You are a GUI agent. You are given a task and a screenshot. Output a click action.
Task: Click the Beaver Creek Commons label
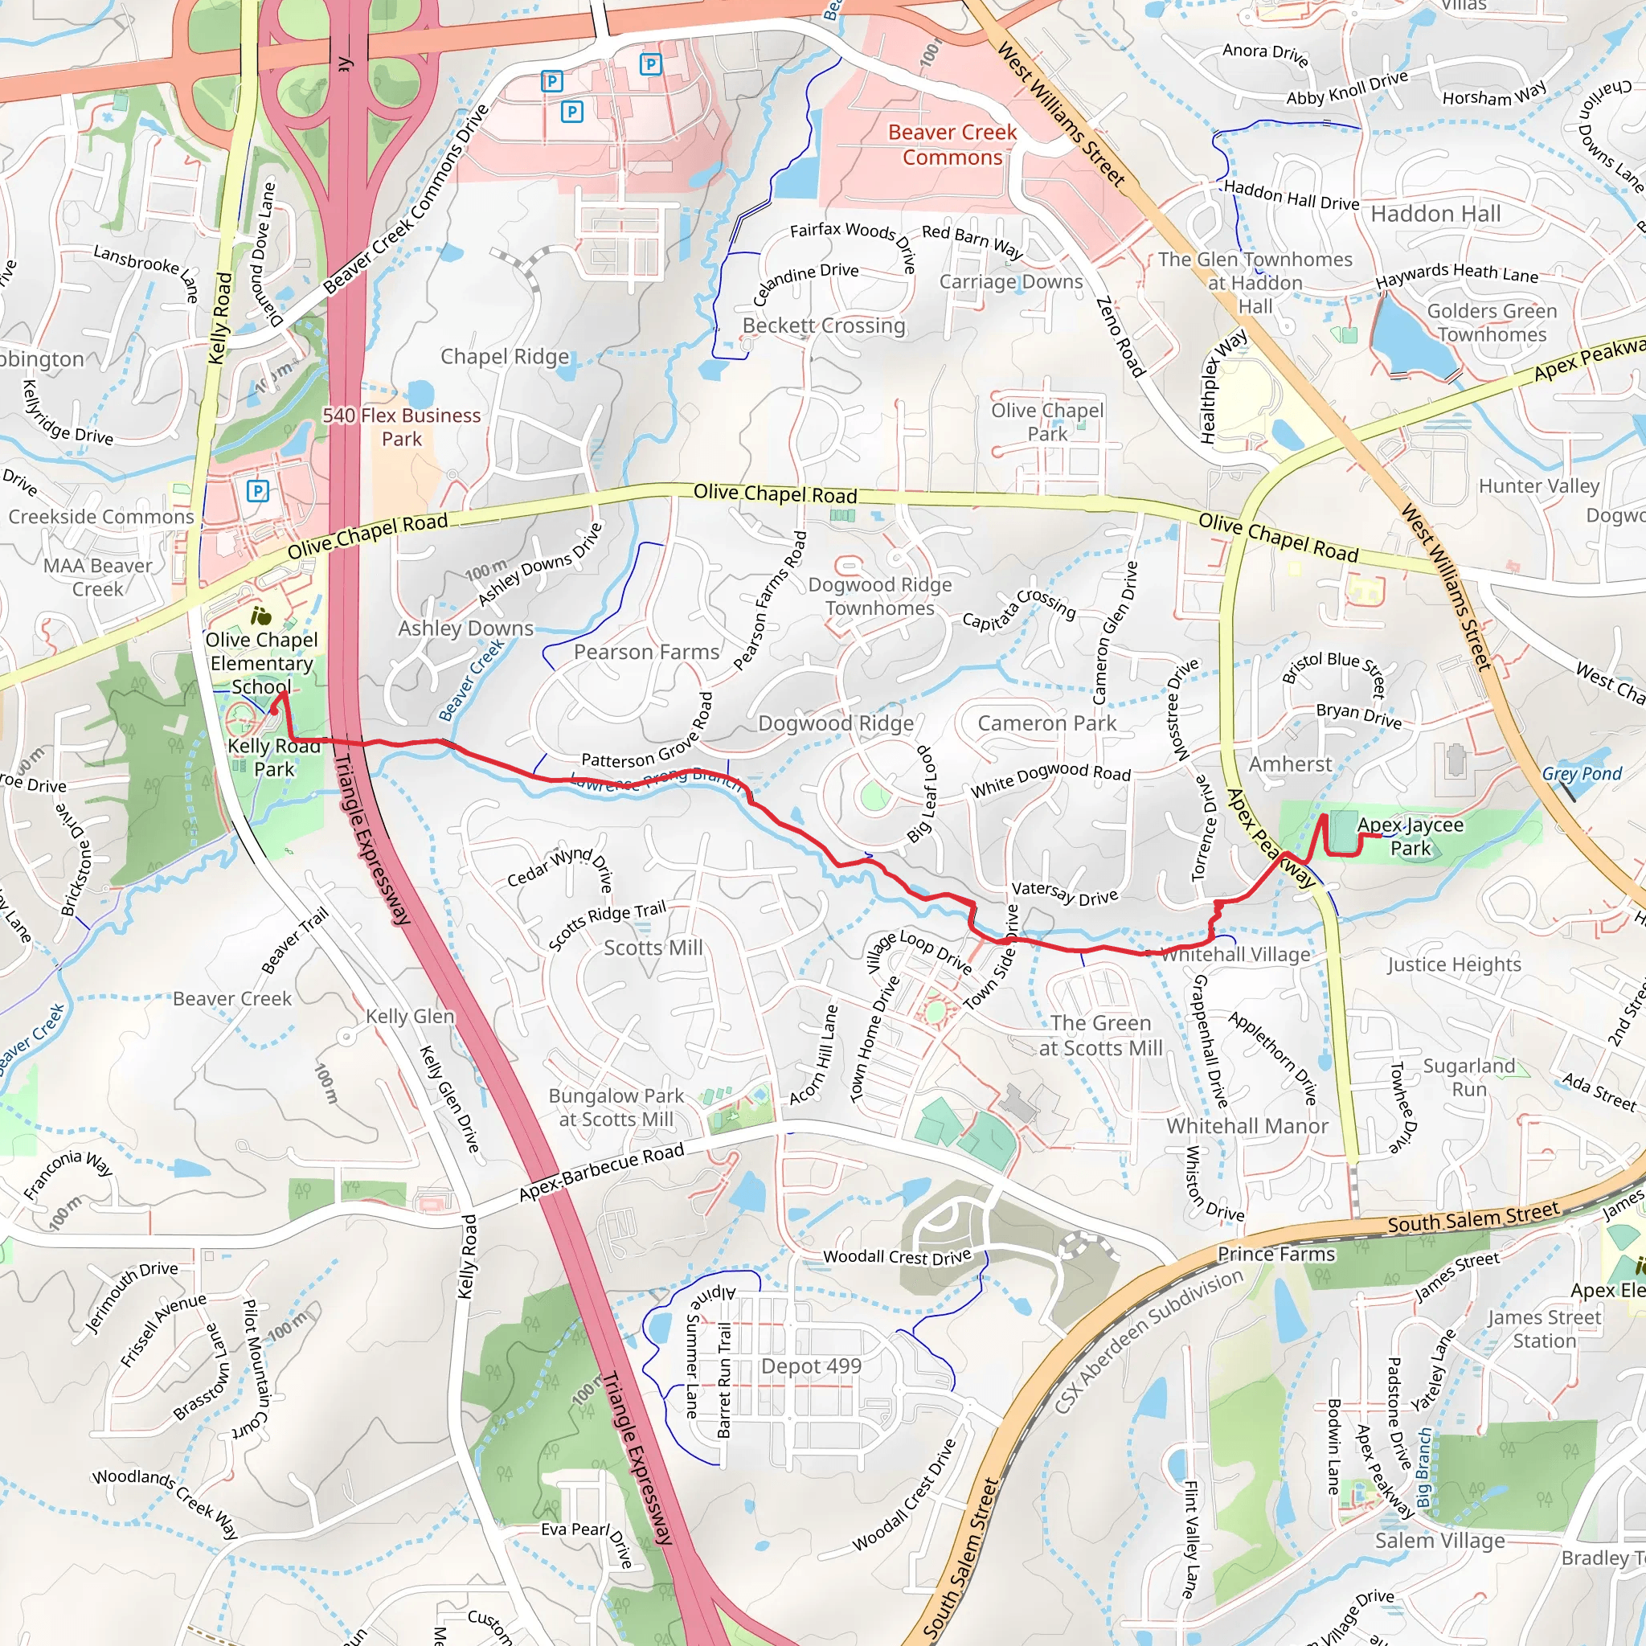pyautogui.click(x=952, y=145)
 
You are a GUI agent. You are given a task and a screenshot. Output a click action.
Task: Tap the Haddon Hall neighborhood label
pyautogui.click(x=1435, y=214)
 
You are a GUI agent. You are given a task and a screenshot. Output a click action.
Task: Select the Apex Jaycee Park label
pyautogui.click(x=1410, y=836)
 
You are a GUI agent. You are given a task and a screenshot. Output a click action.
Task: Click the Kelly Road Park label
pyautogui.click(x=273, y=757)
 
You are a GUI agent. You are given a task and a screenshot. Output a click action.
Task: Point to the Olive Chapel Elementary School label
pyautogui.click(x=261, y=663)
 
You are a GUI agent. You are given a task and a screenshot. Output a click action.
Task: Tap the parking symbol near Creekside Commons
pyautogui.click(x=257, y=491)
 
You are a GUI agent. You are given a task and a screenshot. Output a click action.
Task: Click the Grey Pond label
pyautogui.click(x=1581, y=774)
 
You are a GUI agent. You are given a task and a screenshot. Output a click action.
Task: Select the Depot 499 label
pyautogui.click(x=811, y=1366)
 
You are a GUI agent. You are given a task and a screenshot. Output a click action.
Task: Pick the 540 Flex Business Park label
pyautogui.click(x=401, y=427)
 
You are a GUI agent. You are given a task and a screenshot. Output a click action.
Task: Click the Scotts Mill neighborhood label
pyautogui.click(x=653, y=948)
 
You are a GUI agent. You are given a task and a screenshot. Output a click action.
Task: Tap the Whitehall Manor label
pyautogui.click(x=1247, y=1125)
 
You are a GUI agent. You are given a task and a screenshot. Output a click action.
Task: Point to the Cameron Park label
pyautogui.click(x=1046, y=723)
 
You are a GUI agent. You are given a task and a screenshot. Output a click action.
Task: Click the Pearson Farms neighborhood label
pyautogui.click(x=647, y=652)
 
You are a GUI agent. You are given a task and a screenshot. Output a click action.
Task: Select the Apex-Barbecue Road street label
pyautogui.click(x=601, y=1173)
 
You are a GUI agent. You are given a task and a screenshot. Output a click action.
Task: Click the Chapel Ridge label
pyautogui.click(x=505, y=356)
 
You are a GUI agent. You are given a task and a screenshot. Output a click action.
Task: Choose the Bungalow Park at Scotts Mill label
pyautogui.click(x=615, y=1108)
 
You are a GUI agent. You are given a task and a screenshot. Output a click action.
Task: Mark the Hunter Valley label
pyautogui.click(x=1538, y=485)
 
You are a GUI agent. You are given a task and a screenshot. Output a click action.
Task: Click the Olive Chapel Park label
pyautogui.click(x=1047, y=422)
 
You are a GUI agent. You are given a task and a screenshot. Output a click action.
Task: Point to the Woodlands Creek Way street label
pyautogui.click(x=166, y=1504)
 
